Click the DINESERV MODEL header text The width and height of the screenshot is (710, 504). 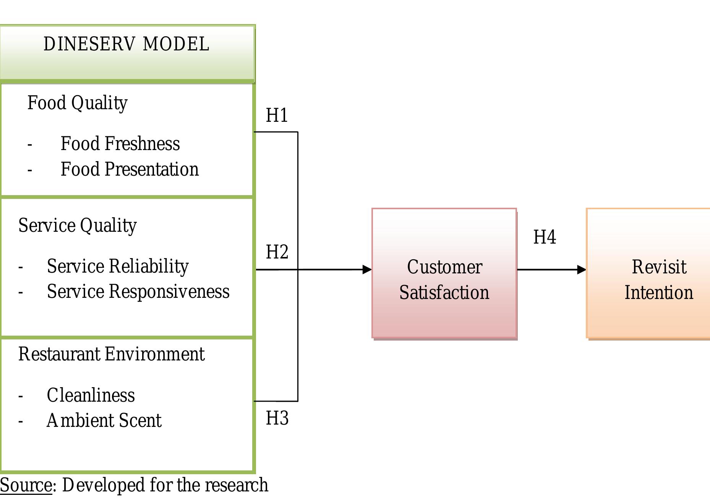tap(126, 44)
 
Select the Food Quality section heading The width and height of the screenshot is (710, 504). tap(77, 103)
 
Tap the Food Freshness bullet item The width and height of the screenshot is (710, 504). tap(120, 144)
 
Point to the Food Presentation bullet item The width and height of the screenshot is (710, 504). tap(130, 170)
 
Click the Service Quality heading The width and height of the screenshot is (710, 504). tap(78, 226)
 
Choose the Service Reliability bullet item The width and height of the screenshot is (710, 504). tap(118, 267)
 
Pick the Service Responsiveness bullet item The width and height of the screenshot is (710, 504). tap(138, 292)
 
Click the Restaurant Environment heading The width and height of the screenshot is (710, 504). tap(112, 354)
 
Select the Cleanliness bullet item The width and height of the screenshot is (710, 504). tap(91, 395)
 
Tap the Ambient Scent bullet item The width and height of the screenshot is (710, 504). tap(104, 421)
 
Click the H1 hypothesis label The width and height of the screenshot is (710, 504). tap(277, 115)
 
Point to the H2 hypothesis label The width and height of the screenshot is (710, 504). tap(277, 252)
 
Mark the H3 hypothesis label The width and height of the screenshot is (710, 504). tap(277, 418)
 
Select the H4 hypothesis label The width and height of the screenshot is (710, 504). tap(545, 237)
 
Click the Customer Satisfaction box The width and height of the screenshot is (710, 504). tap(444, 273)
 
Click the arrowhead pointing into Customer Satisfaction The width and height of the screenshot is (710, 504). tap(367, 270)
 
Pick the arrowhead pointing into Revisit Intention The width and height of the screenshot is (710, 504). tap(581, 270)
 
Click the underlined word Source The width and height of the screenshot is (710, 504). tap(26, 485)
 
